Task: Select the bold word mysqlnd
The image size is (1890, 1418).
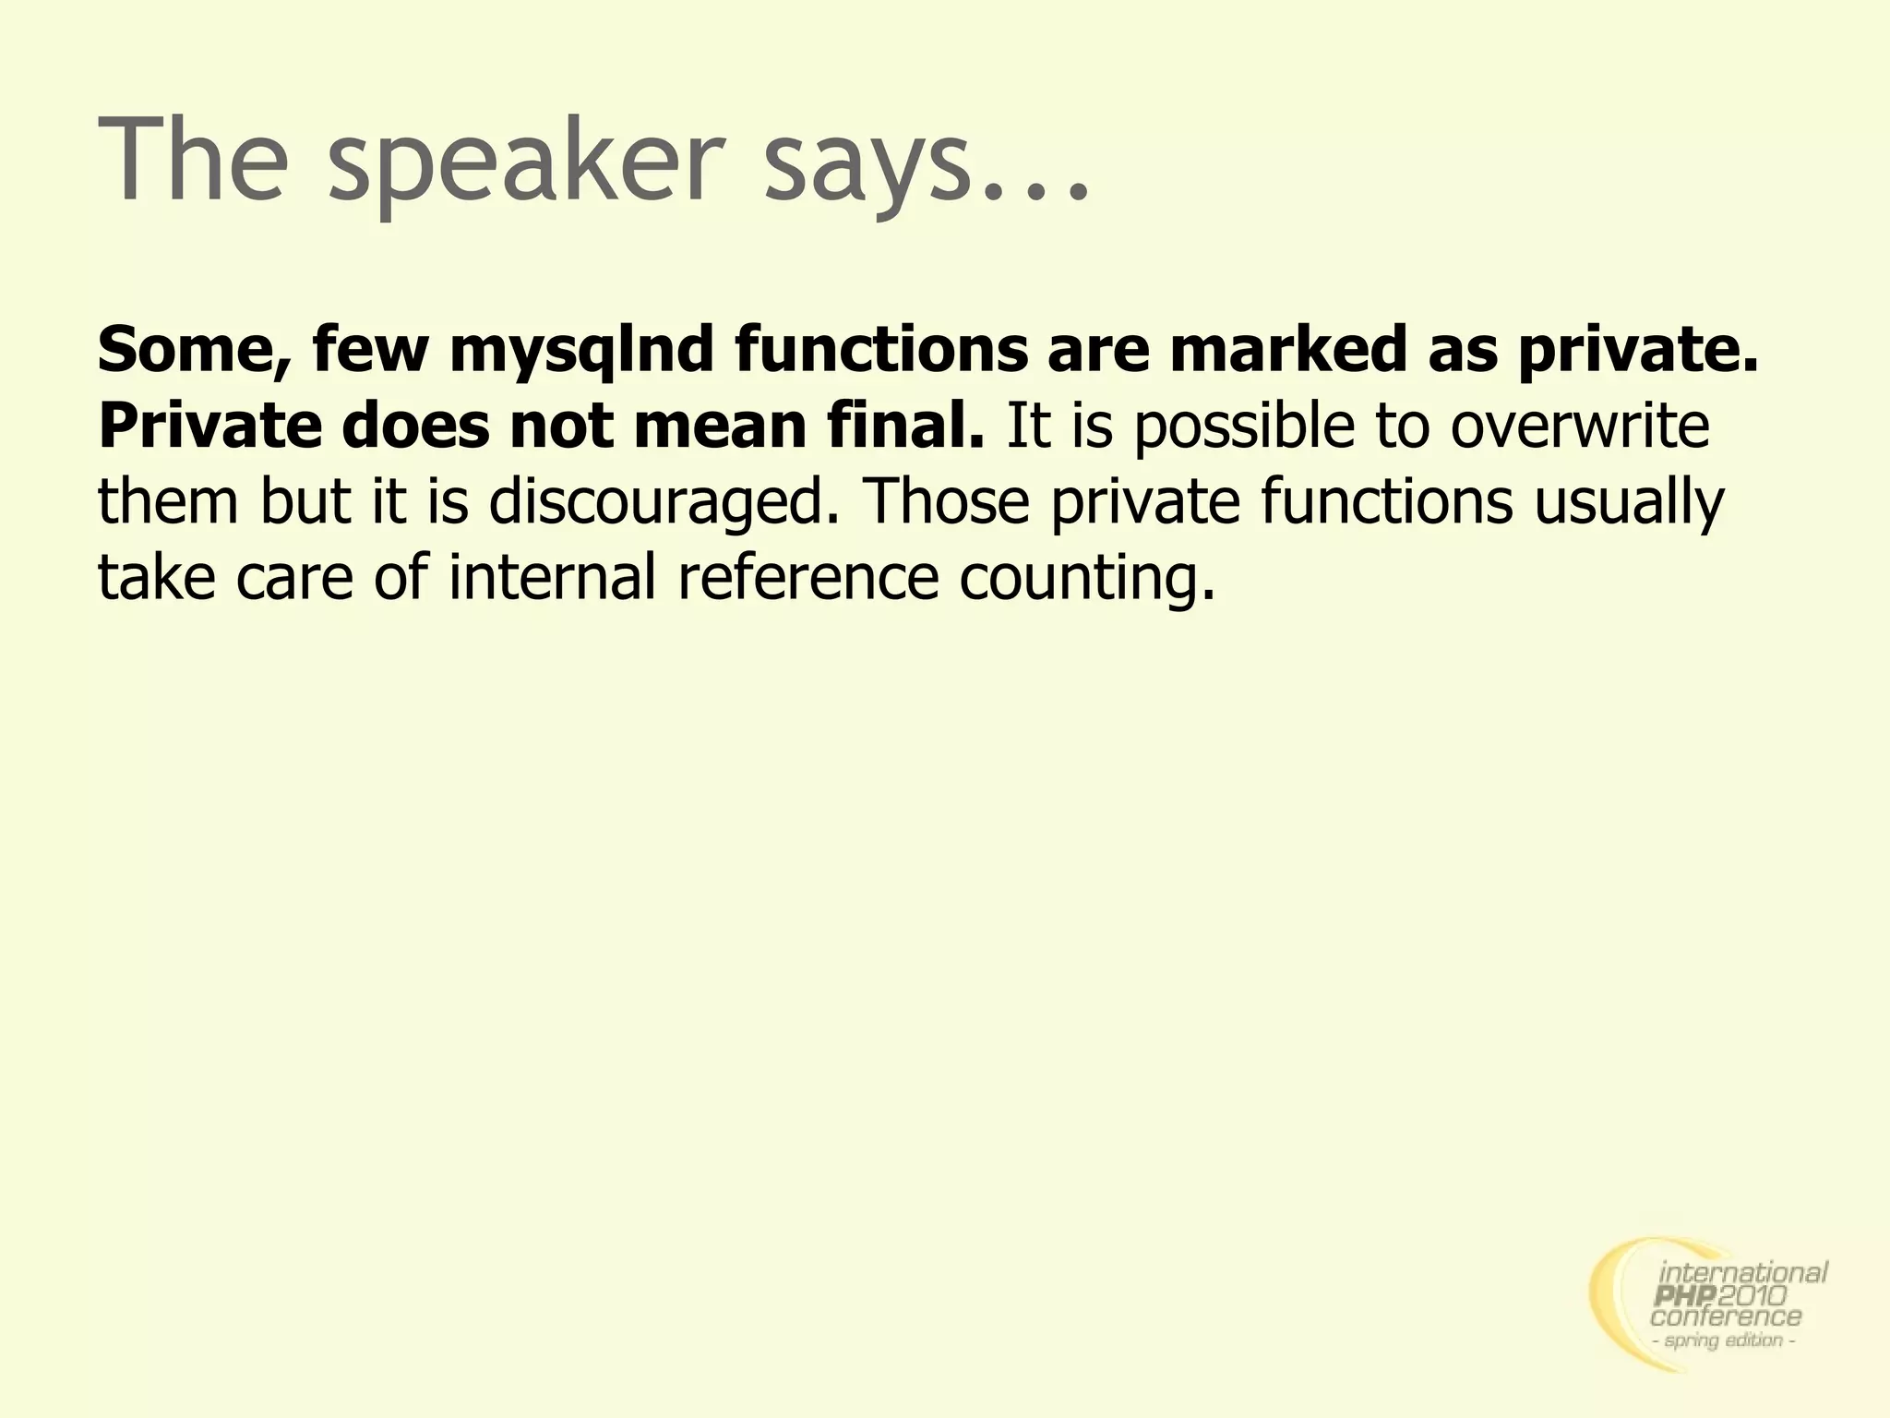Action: point(582,351)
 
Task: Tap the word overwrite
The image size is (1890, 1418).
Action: point(1579,427)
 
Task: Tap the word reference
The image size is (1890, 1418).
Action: point(808,578)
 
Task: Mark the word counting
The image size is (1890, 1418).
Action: point(1087,580)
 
